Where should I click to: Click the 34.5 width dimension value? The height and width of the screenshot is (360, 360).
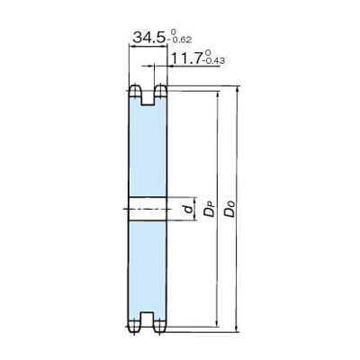click(148, 38)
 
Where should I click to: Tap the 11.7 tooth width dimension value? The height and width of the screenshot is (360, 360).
click(186, 58)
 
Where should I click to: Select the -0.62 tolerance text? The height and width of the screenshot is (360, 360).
click(180, 40)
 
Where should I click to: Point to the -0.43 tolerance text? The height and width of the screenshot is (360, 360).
click(213, 61)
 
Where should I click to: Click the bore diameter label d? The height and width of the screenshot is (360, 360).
click(189, 209)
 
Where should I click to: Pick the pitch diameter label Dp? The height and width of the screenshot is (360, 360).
click(209, 210)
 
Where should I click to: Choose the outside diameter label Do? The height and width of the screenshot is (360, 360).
click(229, 209)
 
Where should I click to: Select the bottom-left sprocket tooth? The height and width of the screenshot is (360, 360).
click(135, 326)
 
